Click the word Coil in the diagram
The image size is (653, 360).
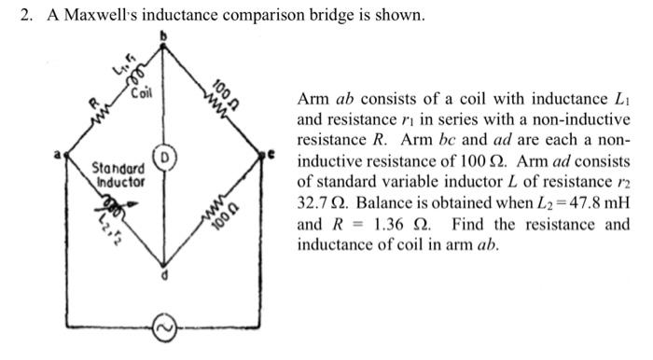144,94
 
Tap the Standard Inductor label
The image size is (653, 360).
118,175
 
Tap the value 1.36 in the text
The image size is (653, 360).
396,224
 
